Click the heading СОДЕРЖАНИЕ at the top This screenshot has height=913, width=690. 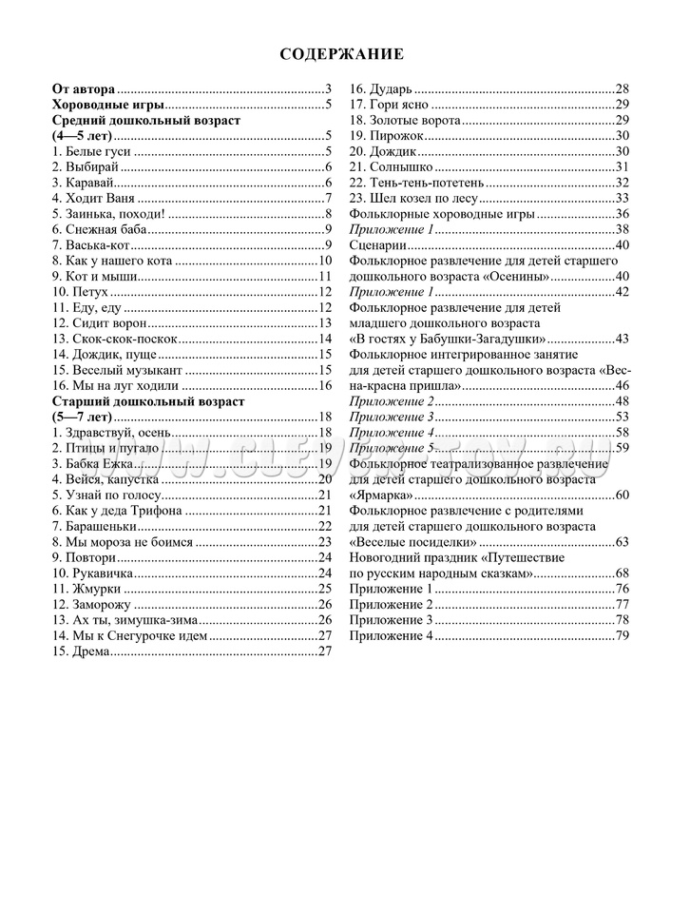coord(342,54)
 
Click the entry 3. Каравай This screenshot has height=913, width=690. coord(85,183)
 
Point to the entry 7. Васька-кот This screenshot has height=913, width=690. coord(91,245)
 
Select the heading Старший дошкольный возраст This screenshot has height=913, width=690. coord(147,401)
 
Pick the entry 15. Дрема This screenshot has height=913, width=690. coord(82,651)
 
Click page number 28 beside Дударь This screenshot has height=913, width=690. coord(623,88)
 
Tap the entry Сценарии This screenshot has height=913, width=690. coord(378,245)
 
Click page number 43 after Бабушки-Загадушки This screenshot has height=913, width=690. coord(623,339)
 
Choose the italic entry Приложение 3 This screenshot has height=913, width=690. coord(392,417)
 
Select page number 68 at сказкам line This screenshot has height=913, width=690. coord(623,573)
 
